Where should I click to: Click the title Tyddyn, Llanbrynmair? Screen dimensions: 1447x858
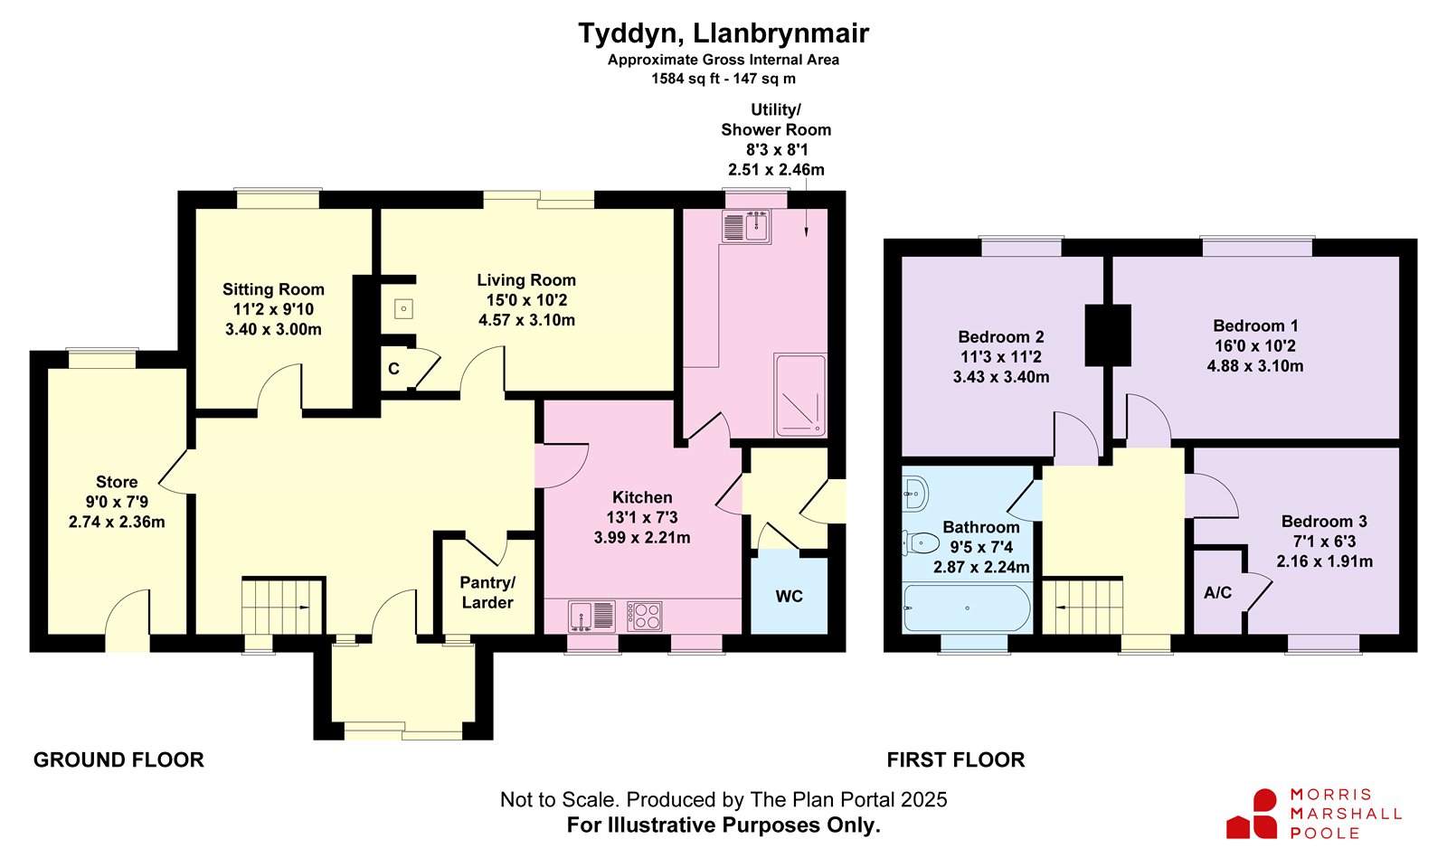tap(723, 33)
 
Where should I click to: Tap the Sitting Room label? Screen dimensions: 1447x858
tap(273, 289)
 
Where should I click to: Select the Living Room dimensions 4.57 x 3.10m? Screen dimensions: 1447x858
tap(526, 320)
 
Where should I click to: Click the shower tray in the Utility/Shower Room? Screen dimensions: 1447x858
tap(799, 394)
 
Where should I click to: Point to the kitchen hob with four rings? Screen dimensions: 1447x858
tap(645, 616)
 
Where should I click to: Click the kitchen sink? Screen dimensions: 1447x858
tap(591, 616)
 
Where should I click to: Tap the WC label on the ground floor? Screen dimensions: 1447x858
tap(789, 597)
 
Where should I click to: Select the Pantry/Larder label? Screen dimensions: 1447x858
tap(487, 593)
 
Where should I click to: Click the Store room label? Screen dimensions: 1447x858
tap(117, 482)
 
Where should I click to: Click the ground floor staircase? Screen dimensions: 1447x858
tap(282, 607)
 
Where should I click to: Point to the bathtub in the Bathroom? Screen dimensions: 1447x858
tap(967, 608)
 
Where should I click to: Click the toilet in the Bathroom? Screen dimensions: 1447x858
tap(920, 543)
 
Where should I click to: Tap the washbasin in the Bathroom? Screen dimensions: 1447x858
tap(914, 495)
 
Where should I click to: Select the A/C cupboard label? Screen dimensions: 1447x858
tap(1217, 593)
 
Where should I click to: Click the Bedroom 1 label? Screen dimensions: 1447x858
tap(1255, 326)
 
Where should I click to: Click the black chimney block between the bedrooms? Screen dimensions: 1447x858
tap(1108, 335)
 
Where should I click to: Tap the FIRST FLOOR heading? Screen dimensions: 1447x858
tap(955, 759)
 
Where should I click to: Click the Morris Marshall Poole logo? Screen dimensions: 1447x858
tap(1314, 814)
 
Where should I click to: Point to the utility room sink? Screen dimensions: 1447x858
tap(747, 227)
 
